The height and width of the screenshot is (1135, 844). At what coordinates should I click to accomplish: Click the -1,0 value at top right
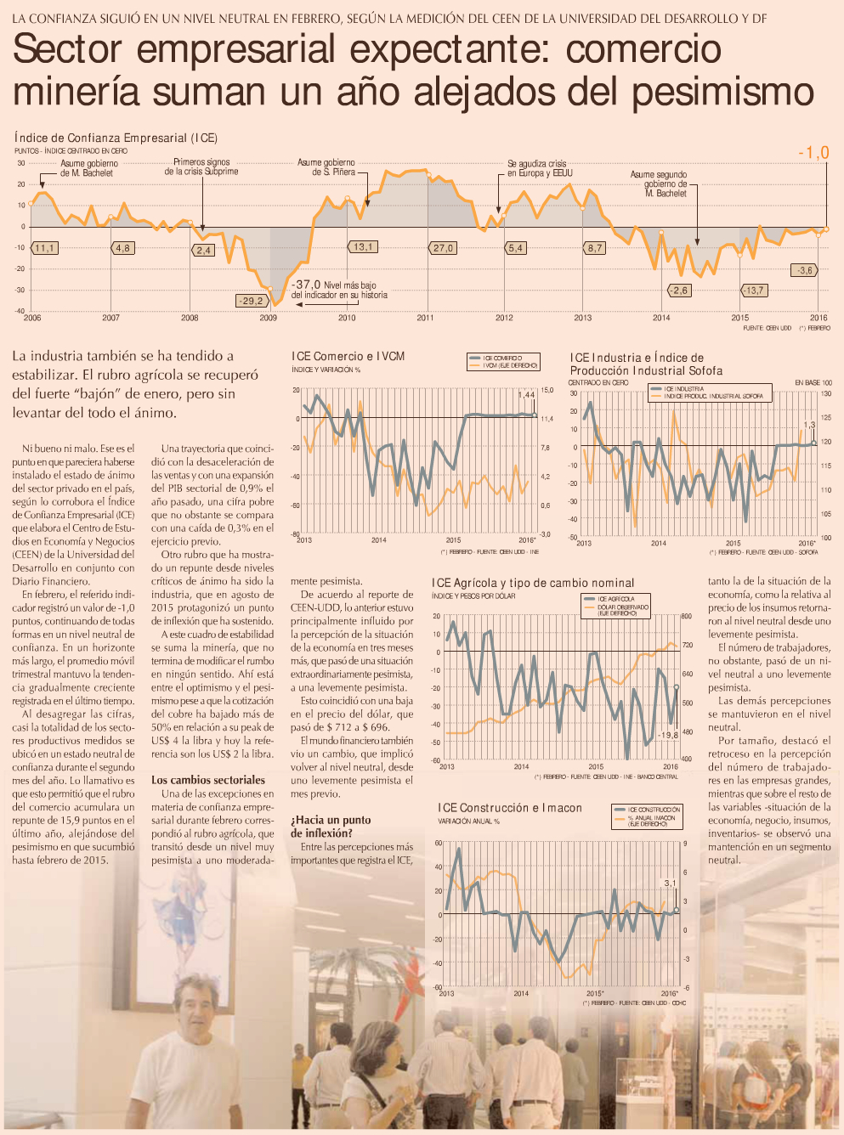(813, 153)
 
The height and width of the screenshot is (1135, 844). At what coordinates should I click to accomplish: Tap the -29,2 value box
(251, 301)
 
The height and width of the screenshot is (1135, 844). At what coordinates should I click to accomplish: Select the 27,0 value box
(443, 248)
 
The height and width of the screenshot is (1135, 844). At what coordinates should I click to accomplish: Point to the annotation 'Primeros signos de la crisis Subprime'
(201, 167)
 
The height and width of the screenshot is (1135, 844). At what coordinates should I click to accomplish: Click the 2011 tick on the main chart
(425, 318)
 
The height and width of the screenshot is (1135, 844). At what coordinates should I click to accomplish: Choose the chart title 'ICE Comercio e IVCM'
(348, 357)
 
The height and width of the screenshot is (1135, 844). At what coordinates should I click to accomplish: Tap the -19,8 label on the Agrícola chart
(668, 735)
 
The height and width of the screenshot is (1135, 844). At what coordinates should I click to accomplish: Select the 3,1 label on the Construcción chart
(670, 884)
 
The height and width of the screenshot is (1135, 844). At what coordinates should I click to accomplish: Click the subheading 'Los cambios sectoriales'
(208, 780)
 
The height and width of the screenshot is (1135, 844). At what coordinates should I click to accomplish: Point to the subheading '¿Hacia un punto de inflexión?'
(331, 827)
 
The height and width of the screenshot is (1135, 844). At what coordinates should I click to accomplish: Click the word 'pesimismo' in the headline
(724, 92)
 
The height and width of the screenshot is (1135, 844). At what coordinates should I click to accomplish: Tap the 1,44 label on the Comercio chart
(526, 395)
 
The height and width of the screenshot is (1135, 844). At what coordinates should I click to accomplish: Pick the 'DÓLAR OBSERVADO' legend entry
(622, 608)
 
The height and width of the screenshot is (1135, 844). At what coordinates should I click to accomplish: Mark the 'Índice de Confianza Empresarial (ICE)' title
(116, 138)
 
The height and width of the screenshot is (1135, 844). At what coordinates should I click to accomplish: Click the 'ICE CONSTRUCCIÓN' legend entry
(654, 810)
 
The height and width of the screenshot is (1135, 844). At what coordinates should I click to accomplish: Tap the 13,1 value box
(362, 247)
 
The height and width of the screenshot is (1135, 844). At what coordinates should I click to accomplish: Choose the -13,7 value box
(753, 291)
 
